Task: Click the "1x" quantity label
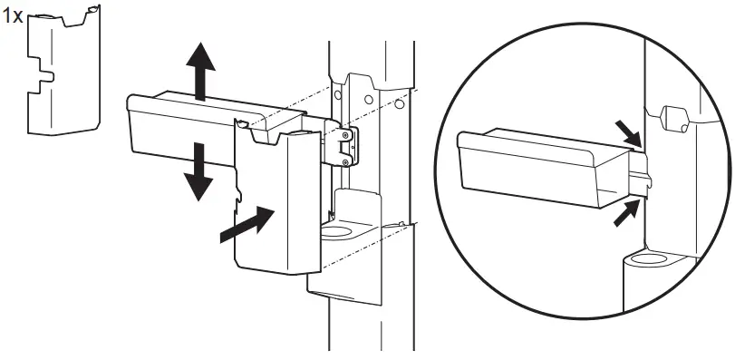point(14,17)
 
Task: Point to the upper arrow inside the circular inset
point(627,132)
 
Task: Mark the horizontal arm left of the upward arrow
point(163,122)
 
